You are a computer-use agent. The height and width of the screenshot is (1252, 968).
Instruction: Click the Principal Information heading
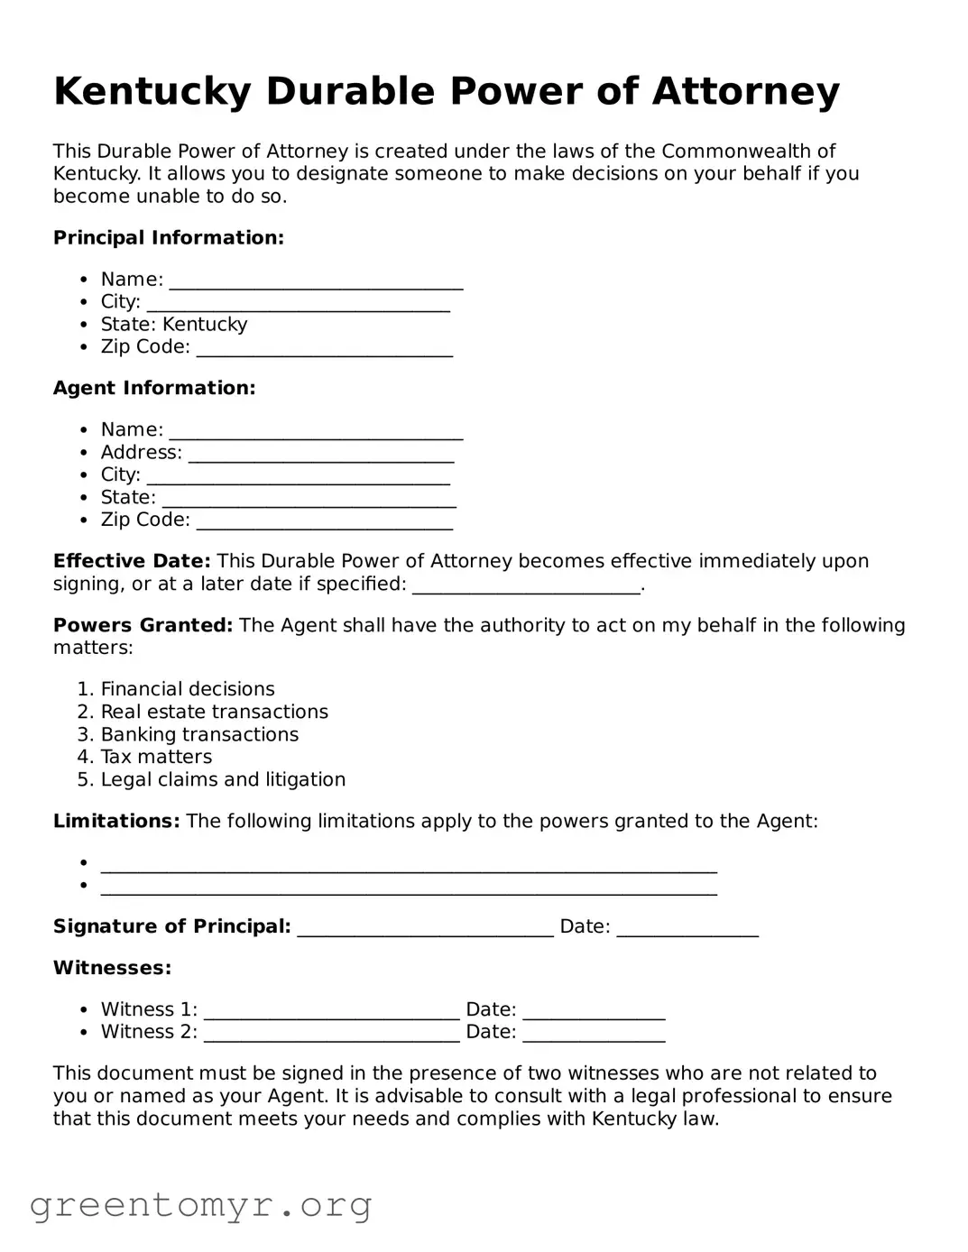pyautogui.click(x=169, y=238)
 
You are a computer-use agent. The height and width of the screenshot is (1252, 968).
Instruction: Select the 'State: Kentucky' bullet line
pyautogui.click(x=173, y=325)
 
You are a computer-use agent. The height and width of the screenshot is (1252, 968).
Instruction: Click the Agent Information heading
pyautogui.click(x=154, y=388)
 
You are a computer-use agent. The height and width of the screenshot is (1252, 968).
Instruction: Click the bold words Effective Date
pyautogui.click(x=132, y=561)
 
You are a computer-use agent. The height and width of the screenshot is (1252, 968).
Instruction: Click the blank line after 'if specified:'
pyautogui.click(x=526, y=586)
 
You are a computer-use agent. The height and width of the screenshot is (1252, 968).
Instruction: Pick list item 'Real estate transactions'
pyautogui.click(x=214, y=712)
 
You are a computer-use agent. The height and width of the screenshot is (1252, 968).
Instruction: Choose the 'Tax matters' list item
pyautogui.click(x=156, y=757)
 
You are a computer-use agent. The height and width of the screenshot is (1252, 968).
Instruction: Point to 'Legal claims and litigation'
pyautogui.click(x=223, y=779)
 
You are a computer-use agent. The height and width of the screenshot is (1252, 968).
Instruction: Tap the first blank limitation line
pyautogui.click(x=408, y=866)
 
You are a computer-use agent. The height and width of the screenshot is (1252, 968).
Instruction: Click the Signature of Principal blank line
pyautogui.click(x=425, y=929)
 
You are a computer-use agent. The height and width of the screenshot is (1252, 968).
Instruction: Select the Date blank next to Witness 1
pyautogui.click(x=594, y=1012)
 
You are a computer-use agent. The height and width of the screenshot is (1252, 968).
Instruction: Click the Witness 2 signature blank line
pyautogui.click(x=331, y=1035)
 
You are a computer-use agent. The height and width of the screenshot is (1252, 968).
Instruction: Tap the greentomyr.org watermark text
pyautogui.click(x=200, y=1205)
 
